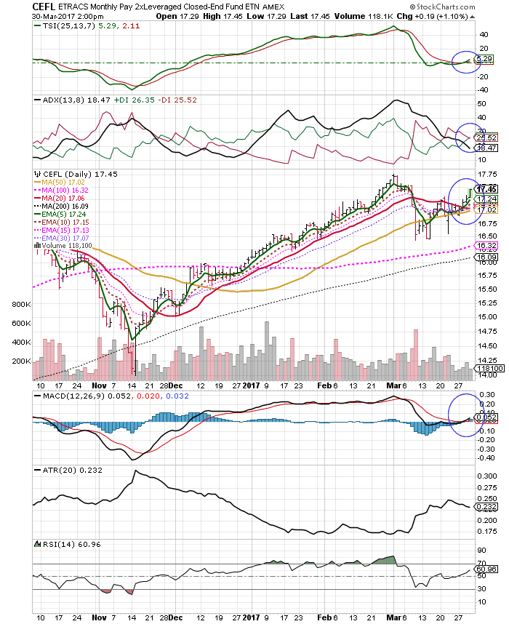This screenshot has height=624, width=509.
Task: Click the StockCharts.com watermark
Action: tap(469, 7)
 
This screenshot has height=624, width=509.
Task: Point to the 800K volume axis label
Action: tap(20, 305)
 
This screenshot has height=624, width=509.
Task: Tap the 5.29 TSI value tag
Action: tap(484, 58)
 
